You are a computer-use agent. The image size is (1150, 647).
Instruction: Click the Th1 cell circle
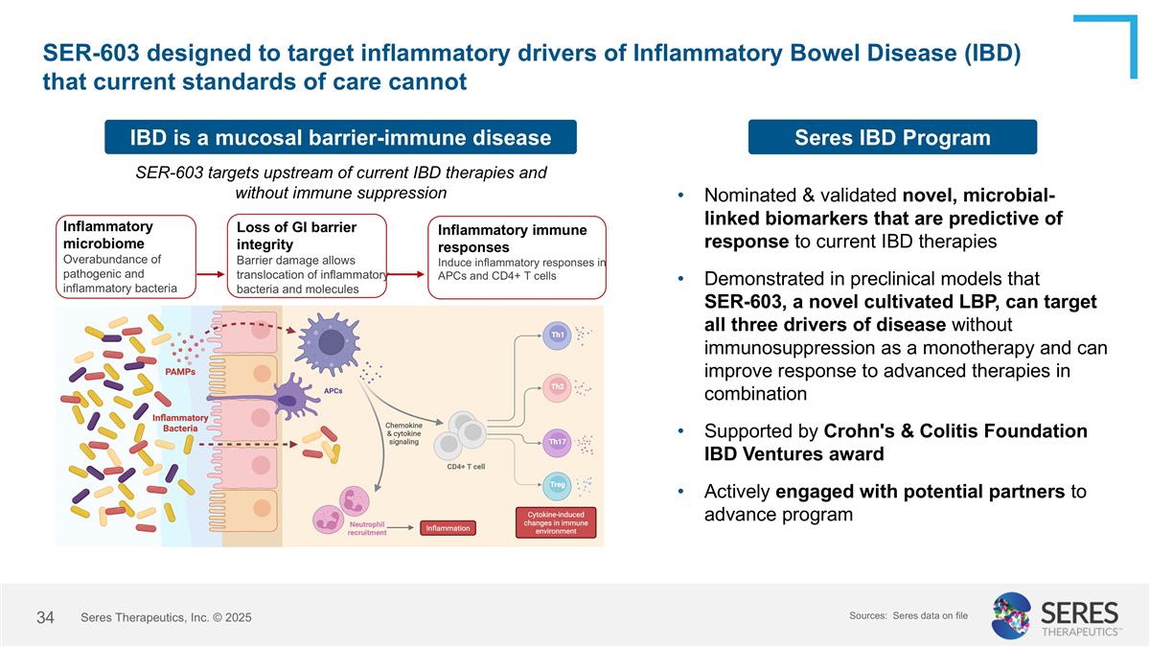557,335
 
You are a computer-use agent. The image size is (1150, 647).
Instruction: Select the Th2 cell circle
557,386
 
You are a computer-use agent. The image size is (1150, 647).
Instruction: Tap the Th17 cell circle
557,441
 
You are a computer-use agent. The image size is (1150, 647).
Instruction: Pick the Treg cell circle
557,485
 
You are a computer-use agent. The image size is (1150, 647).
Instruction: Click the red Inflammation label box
448,528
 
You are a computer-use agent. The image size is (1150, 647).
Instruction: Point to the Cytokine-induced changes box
556,522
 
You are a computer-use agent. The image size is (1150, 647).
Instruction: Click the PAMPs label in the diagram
180,371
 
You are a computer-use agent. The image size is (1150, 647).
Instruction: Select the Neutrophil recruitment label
367,528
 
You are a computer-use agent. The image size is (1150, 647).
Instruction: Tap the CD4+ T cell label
466,467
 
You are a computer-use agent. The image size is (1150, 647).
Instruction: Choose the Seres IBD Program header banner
892,137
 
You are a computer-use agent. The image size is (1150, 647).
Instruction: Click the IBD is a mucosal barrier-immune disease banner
340,137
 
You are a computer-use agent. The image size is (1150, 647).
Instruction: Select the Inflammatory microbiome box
126,256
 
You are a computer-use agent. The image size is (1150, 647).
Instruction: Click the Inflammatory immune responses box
517,256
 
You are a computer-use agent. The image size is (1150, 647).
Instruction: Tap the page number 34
45,617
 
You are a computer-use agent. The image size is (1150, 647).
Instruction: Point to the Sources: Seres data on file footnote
908,614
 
